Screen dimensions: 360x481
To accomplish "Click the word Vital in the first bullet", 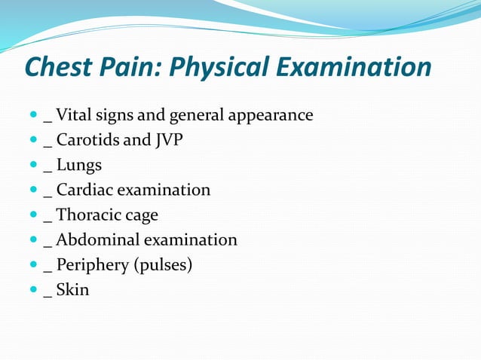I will tap(72, 115).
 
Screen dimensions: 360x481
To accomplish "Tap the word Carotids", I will tap(86, 140).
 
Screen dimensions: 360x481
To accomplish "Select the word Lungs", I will tap(78, 165).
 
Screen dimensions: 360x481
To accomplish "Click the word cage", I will tap(141, 216).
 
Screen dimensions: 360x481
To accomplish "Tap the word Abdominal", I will tap(93, 239).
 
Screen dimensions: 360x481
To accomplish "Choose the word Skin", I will tap(72, 289).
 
